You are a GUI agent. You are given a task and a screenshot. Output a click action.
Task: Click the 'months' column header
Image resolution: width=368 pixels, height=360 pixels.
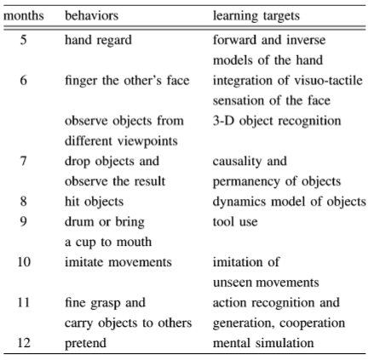pos(24,15)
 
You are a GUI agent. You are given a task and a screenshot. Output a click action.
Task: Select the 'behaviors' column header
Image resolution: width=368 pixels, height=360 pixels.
pos(91,15)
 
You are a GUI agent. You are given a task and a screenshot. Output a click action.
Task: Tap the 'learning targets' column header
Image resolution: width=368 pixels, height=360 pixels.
pos(256,16)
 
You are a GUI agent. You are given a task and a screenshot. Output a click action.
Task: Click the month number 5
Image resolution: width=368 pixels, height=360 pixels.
pos(24,40)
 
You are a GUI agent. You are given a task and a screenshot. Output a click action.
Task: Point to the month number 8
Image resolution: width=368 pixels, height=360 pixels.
pos(24,201)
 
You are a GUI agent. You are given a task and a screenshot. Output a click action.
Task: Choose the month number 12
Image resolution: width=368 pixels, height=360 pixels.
pos(24,343)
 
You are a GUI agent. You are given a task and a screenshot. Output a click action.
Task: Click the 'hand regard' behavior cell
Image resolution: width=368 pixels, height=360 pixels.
pos(98,41)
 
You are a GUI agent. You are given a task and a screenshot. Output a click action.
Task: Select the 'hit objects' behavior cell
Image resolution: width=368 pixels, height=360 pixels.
pos(94,202)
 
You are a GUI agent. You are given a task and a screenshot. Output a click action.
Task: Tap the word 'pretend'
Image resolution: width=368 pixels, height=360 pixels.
pos(85,344)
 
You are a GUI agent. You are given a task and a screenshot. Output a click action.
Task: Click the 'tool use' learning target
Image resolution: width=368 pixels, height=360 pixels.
pos(235,221)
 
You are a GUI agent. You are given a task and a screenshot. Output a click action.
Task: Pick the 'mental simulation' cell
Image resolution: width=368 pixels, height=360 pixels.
pos(263,343)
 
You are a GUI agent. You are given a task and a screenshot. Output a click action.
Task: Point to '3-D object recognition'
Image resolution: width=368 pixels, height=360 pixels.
pos(277,121)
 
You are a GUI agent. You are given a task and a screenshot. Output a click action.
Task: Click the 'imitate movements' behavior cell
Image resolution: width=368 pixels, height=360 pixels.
pos(118,262)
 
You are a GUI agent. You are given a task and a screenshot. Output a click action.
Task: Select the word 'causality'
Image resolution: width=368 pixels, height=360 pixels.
pos(237,162)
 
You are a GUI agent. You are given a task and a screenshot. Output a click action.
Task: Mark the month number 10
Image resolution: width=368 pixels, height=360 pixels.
pos(24,261)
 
